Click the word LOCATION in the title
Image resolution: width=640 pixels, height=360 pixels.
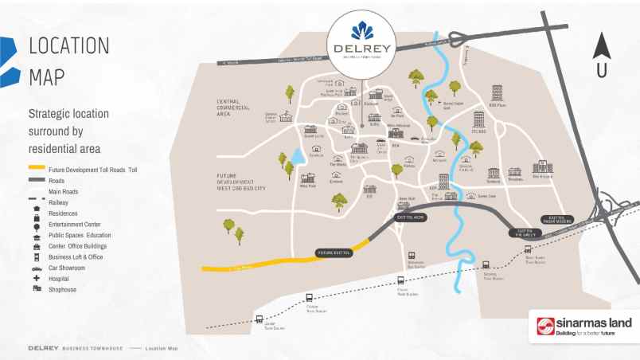(x=68, y=47)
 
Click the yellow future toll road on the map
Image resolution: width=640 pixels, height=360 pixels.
(x=255, y=264)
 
